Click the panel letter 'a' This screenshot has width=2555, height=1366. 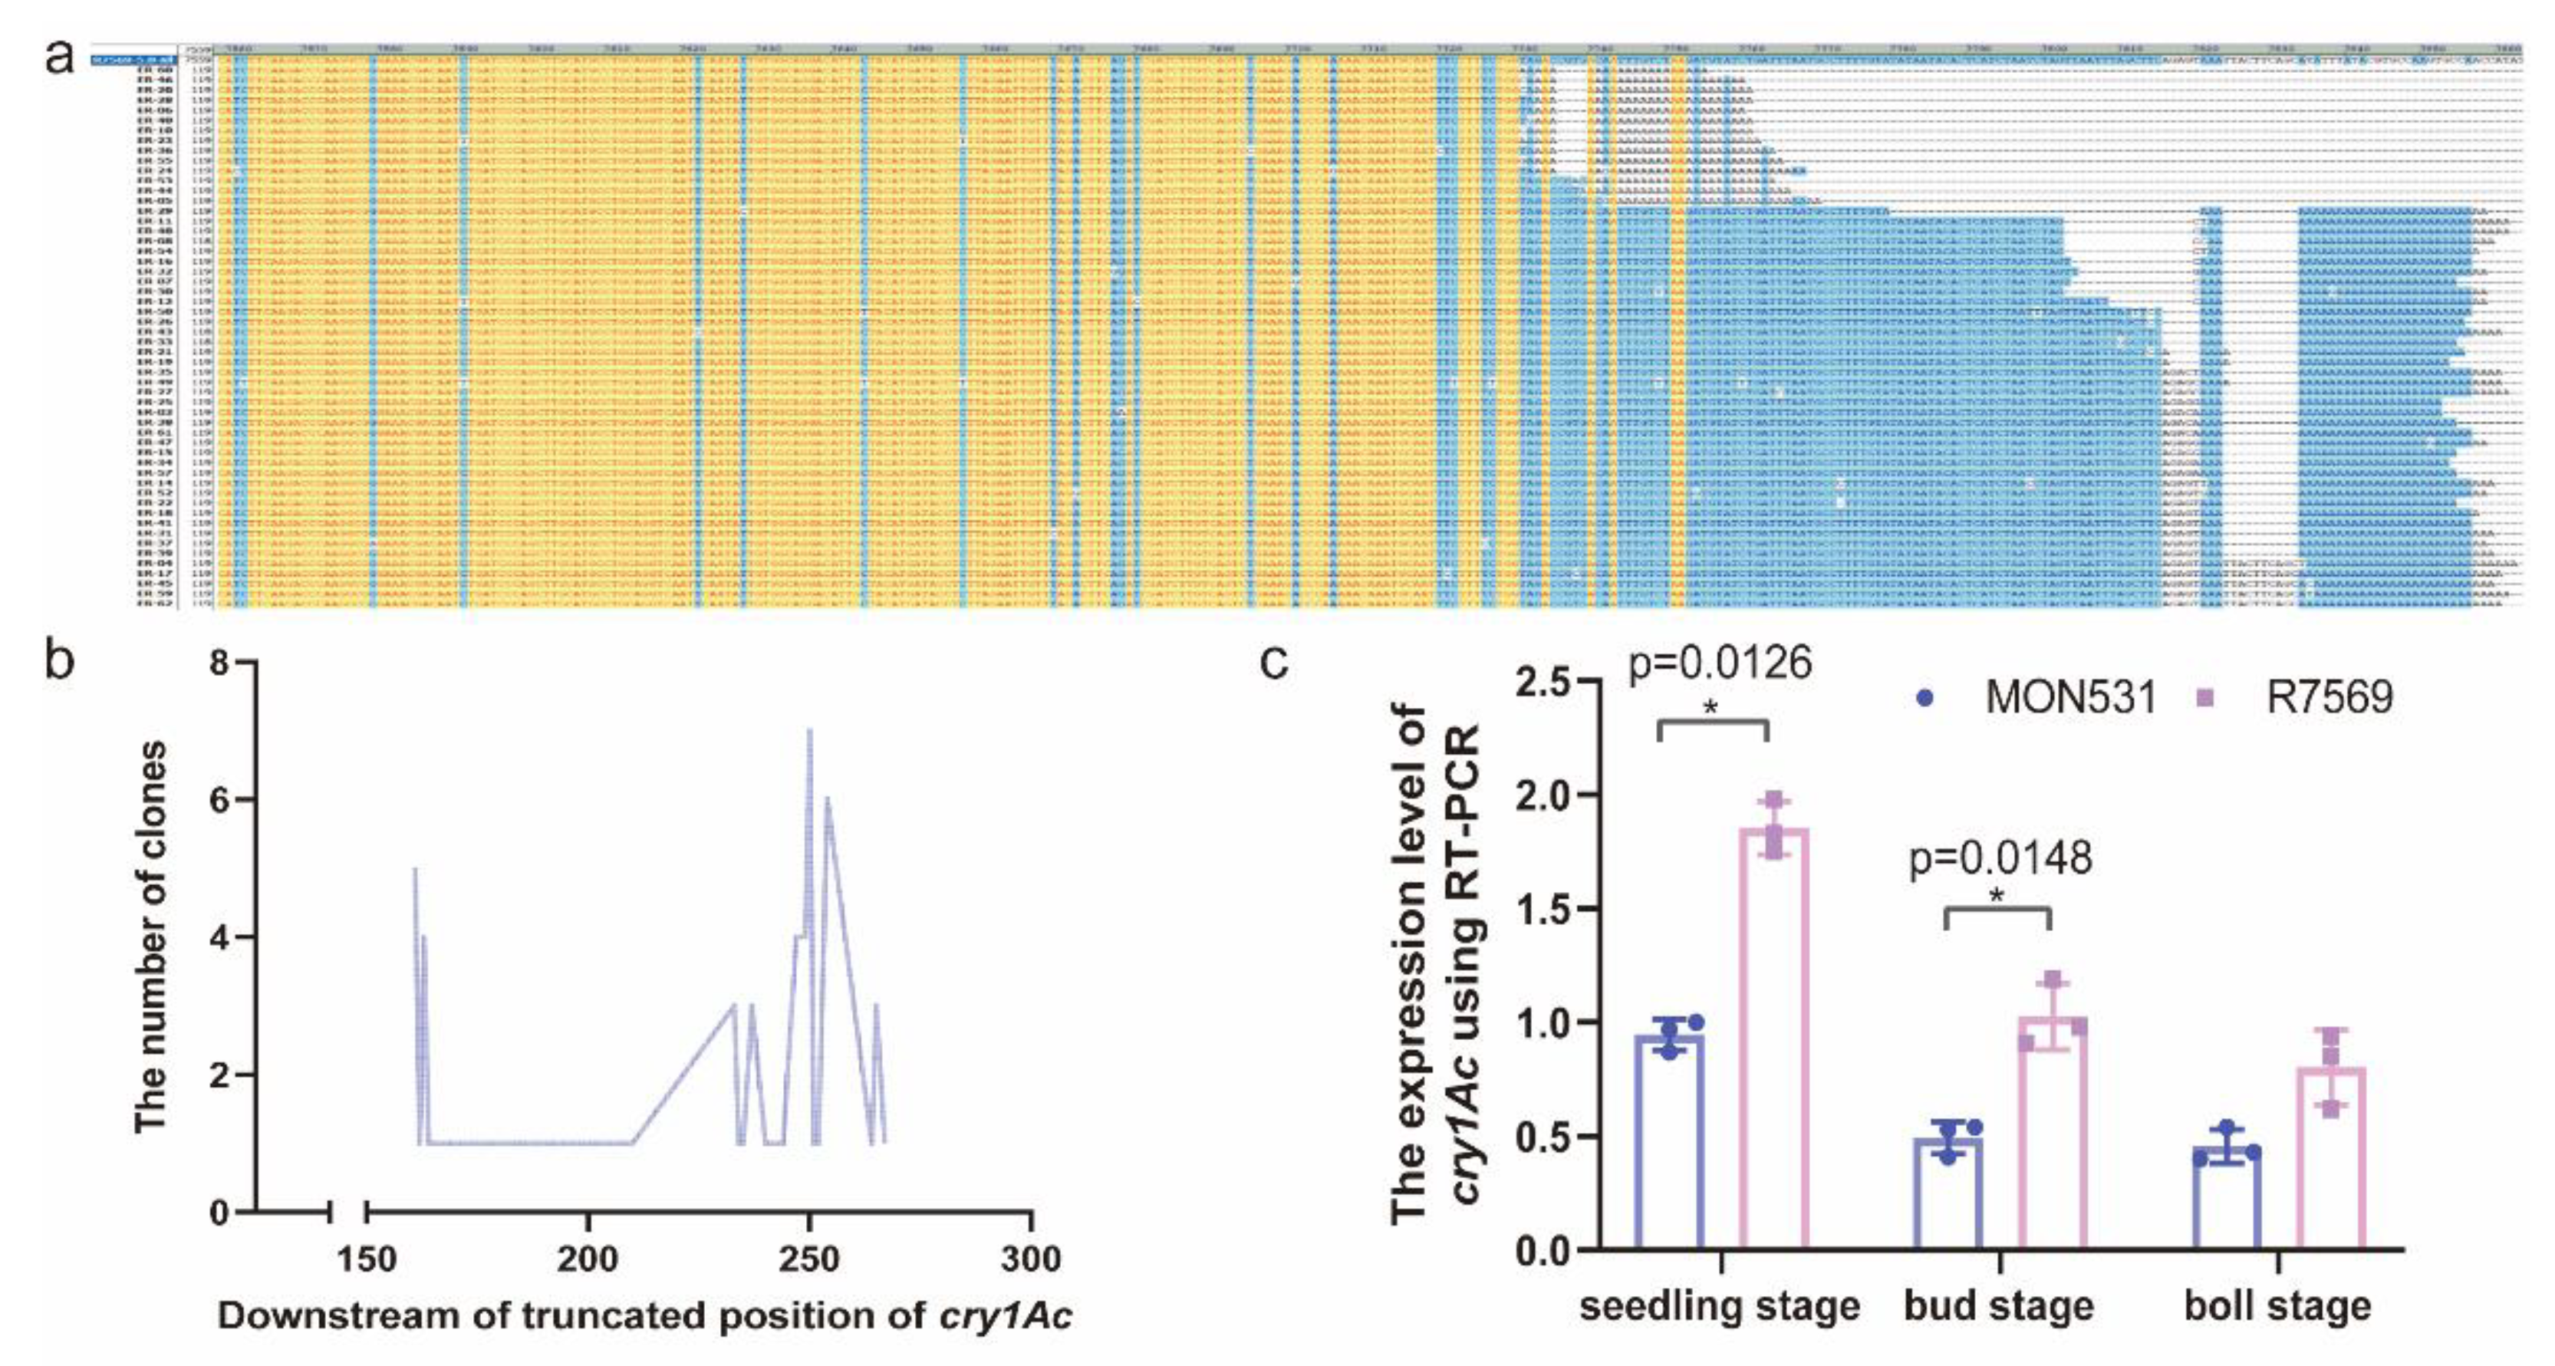60,58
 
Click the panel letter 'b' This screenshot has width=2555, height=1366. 60,660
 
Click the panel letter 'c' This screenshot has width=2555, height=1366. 1275,660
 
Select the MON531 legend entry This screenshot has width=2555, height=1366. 2043,697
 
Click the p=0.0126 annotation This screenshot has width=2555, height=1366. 1720,663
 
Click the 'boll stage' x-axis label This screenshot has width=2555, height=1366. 2277,1305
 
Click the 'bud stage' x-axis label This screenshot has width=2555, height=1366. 1999,1305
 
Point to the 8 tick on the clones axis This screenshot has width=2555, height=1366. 219,662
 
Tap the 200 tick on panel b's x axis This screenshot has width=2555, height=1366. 588,1259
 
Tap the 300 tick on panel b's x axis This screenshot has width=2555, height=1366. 1031,1259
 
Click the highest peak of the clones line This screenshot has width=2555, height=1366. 809,730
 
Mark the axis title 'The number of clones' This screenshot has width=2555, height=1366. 151,936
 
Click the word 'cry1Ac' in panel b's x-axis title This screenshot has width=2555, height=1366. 1005,1316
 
